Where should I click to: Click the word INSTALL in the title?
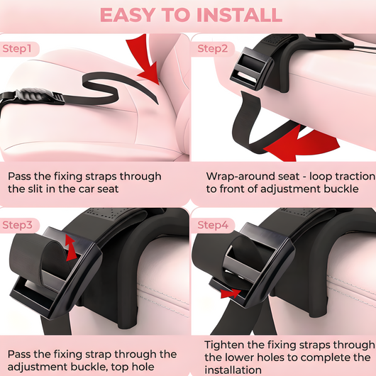pos(238,16)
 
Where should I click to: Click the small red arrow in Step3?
pos(71,248)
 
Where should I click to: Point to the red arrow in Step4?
pos(230,292)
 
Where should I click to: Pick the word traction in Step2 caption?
pos(353,175)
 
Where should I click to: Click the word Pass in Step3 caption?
pos(20,353)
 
